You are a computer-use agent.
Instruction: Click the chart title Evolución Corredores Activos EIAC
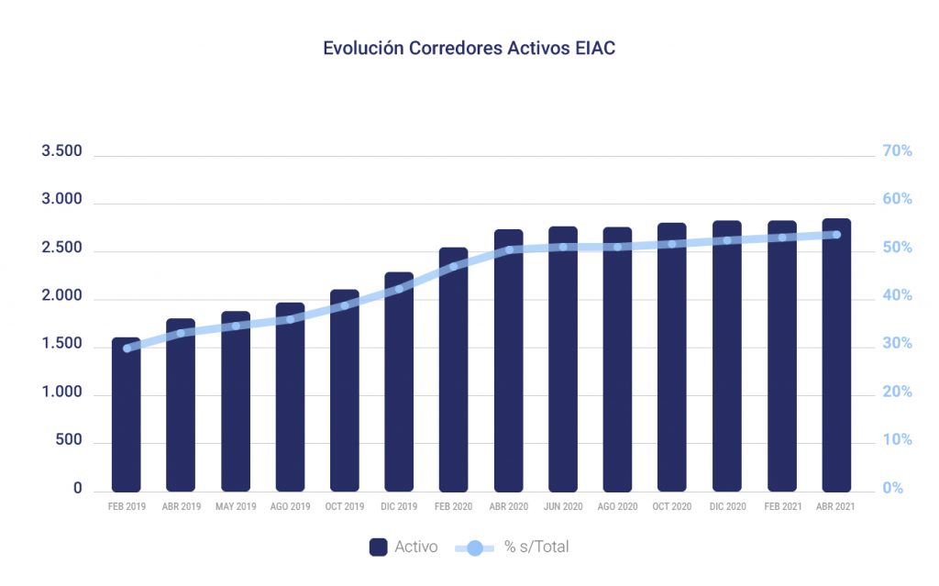[x=469, y=49]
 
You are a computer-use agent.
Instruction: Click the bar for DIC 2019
[x=399, y=381]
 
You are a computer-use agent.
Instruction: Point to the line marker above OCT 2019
[x=345, y=305]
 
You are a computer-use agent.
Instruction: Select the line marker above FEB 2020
[x=453, y=267]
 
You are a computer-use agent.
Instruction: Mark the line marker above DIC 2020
[x=727, y=240]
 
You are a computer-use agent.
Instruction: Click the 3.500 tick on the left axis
[x=61, y=151]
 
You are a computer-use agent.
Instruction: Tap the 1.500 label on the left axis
[x=61, y=344]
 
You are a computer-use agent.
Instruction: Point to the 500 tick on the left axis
[x=70, y=440]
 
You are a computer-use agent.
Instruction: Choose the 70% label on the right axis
[x=897, y=151]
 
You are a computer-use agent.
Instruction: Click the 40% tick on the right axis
[x=897, y=296]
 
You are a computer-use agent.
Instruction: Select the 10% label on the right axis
[x=897, y=440]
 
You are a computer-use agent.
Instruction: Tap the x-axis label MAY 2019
[x=236, y=507]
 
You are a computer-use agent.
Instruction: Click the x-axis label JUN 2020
[x=563, y=507]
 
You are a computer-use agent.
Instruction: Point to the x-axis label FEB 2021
[x=781, y=507]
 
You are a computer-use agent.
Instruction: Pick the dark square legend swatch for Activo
[x=378, y=547]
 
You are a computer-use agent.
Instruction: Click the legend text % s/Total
[x=536, y=547]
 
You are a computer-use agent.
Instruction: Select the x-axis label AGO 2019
[x=290, y=507]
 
